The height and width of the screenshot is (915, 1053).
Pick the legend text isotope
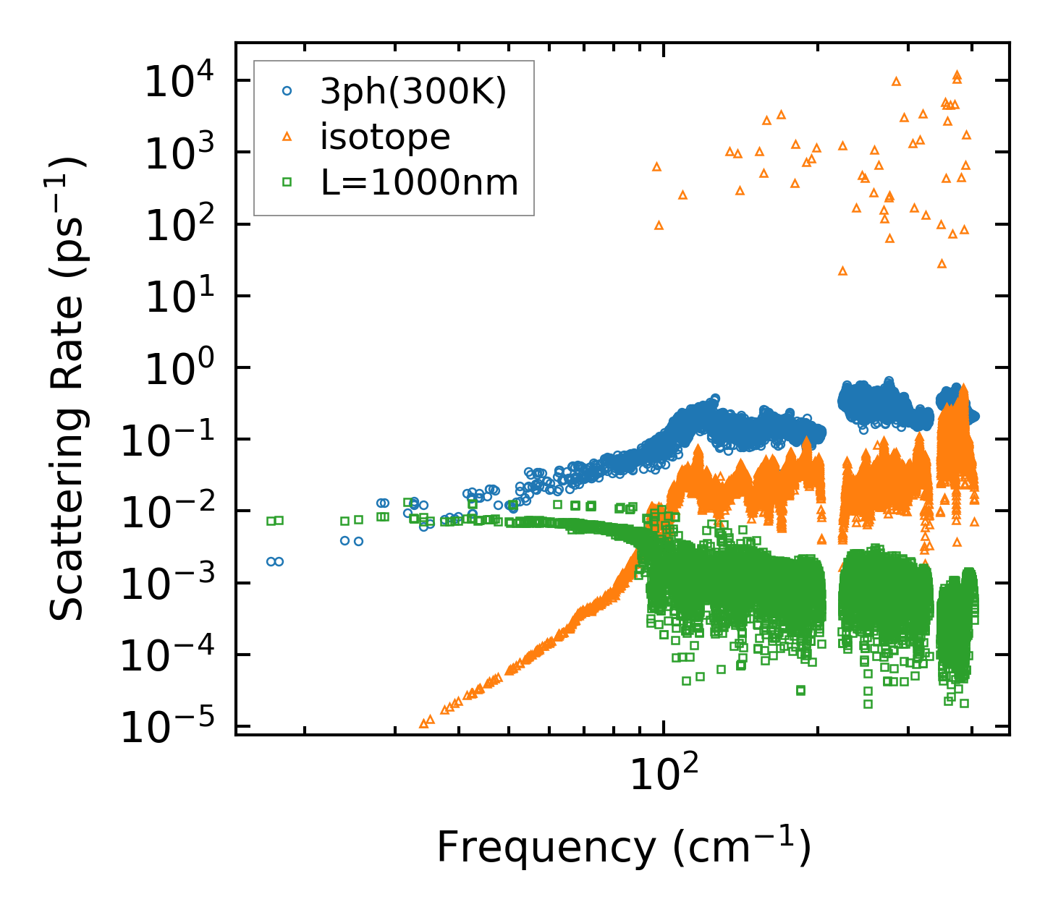pyautogui.click(x=385, y=137)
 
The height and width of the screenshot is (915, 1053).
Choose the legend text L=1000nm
pyautogui.click(x=420, y=182)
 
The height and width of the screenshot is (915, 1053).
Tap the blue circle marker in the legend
pyautogui.click(x=287, y=91)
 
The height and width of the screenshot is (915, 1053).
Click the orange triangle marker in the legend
pyautogui.click(x=287, y=137)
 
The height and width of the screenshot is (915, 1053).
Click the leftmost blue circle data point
pyautogui.click(x=271, y=561)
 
